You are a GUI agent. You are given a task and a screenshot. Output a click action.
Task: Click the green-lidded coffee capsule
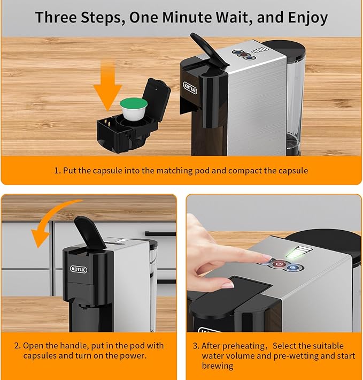(x=133, y=109)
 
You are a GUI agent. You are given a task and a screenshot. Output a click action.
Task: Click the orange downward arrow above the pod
(x=107, y=87)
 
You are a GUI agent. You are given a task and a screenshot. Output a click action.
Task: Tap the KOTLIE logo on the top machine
(x=190, y=88)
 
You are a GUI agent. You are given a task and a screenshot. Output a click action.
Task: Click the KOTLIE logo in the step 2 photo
(x=79, y=269)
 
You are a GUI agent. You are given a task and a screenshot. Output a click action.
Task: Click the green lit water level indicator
(x=298, y=252)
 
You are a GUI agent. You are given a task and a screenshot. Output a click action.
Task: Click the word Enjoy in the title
(x=308, y=18)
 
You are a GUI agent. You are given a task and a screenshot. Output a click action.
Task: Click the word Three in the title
(x=56, y=18)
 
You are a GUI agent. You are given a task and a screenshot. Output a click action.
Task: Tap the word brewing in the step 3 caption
(x=217, y=366)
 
